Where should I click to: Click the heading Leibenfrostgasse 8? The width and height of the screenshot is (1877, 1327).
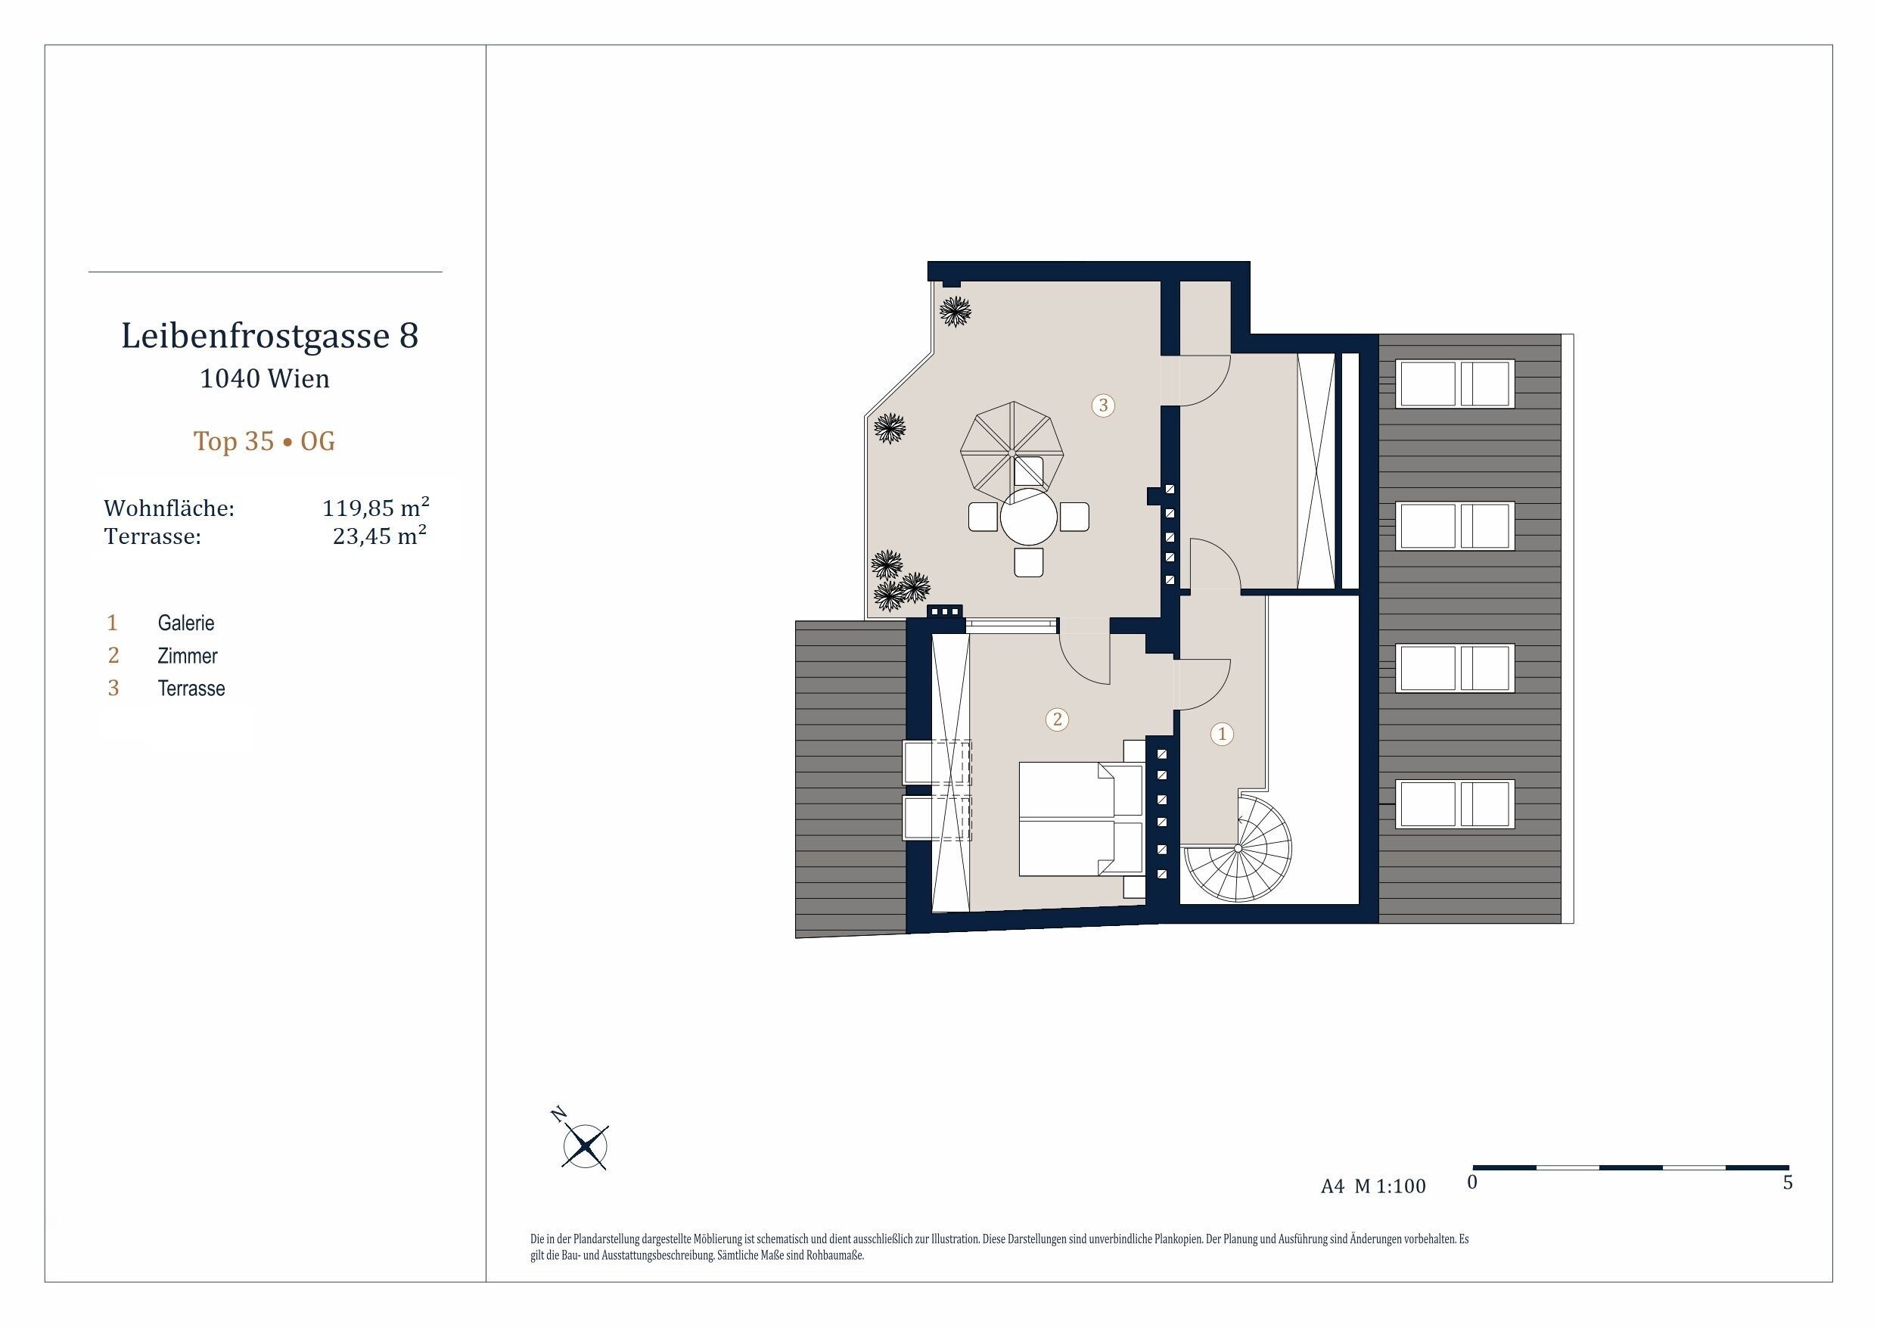point(270,336)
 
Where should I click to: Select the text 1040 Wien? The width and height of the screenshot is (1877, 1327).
point(265,378)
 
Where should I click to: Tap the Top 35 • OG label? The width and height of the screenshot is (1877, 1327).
point(264,442)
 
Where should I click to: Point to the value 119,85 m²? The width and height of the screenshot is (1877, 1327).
point(376,508)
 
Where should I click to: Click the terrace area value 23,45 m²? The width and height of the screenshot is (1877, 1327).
point(380,536)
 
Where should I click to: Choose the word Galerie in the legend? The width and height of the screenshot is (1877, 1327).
point(186,623)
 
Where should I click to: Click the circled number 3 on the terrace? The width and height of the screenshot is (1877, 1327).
point(1103,405)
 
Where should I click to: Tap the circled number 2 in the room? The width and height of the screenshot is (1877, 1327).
point(1057,719)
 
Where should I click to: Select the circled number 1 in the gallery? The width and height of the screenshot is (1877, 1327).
point(1222,734)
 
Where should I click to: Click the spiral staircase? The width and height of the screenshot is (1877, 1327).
point(1237,848)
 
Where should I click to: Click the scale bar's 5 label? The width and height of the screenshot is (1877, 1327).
point(1788,1183)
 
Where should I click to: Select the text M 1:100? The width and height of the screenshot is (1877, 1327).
point(1390,1186)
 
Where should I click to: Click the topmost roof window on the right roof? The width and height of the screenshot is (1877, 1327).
point(1455,383)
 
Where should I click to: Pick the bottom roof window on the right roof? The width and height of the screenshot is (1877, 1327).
point(1455,803)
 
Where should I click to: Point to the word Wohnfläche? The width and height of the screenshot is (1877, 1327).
point(169,508)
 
